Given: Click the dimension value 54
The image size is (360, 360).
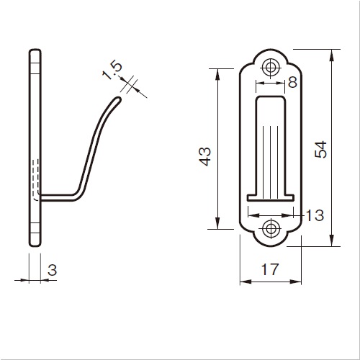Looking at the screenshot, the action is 321,149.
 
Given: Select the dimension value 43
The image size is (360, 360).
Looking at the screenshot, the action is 205,156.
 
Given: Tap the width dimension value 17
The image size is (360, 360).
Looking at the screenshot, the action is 270,269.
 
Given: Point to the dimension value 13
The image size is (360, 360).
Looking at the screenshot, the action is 315,215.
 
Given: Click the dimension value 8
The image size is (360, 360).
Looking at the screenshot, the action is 292,82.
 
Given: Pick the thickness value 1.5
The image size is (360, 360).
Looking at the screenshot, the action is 112,71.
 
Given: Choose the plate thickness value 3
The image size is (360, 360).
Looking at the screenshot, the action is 52,270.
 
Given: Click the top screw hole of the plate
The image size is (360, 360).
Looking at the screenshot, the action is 271,67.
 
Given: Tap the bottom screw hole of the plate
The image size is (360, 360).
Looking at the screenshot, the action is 271,228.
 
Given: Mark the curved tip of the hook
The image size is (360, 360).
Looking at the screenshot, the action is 118,99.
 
